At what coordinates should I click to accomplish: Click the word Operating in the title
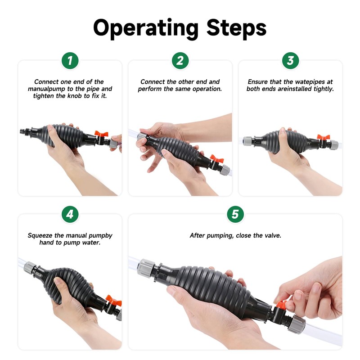[145, 29]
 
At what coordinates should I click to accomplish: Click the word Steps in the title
[236, 27]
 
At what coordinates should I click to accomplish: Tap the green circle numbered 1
[70, 61]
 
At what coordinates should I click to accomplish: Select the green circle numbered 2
[180, 61]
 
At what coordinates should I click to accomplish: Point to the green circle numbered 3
[290, 61]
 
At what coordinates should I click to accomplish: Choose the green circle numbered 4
[70, 215]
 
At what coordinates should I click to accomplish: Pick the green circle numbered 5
[235, 215]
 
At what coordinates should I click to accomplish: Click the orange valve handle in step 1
[101, 134]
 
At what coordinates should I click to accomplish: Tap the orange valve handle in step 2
[217, 158]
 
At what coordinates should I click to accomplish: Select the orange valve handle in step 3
[323, 137]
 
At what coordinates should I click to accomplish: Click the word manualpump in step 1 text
[47, 89]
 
